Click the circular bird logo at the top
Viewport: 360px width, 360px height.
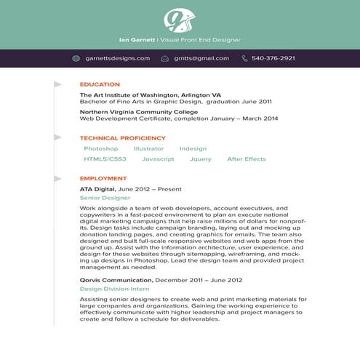tap(179, 19)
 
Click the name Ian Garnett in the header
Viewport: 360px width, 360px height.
tap(136, 40)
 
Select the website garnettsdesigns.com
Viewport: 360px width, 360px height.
tap(117, 58)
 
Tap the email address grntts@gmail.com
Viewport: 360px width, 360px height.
tap(201, 58)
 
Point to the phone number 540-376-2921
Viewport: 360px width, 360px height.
tap(273, 58)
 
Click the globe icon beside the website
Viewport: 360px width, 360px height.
tap(76, 58)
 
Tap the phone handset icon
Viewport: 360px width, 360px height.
tap(245, 58)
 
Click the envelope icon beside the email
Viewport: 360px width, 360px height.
tap(165, 58)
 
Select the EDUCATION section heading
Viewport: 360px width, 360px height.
tap(100, 84)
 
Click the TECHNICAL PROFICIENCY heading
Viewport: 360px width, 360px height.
tap(123, 137)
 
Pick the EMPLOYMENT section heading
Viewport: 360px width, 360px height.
tap(103, 178)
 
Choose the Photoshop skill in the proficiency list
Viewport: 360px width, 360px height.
tap(100, 148)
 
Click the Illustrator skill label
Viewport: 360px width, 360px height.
tap(148, 148)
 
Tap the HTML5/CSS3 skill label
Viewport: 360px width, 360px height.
tap(105, 159)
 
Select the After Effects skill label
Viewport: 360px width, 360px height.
tap(247, 159)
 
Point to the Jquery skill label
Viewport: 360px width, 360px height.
tap(200, 159)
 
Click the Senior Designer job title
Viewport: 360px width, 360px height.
tap(105, 197)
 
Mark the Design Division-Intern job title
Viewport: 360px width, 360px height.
tap(114, 289)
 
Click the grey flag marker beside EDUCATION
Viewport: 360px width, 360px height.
tap(57, 85)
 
